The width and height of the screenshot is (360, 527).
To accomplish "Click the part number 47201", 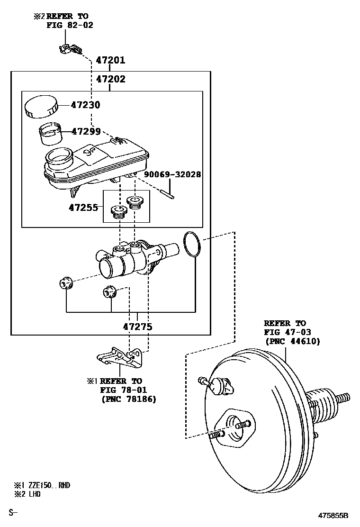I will (x=110, y=61).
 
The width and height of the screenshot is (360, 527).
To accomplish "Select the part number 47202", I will (x=110, y=79).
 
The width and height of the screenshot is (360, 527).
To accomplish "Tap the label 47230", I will (x=86, y=105).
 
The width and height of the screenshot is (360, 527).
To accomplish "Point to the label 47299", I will (x=86, y=131).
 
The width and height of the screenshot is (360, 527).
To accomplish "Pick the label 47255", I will (x=83, y=208).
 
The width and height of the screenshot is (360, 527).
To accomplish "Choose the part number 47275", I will (x=137, y=327).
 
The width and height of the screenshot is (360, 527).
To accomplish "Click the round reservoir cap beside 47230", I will (x=41, y=106).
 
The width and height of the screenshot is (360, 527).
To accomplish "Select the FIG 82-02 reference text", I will (x=70, y=25).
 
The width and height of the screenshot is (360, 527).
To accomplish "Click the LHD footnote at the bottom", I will (x=34, y=494).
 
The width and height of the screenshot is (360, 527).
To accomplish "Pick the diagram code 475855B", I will (x=333, y=515).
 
